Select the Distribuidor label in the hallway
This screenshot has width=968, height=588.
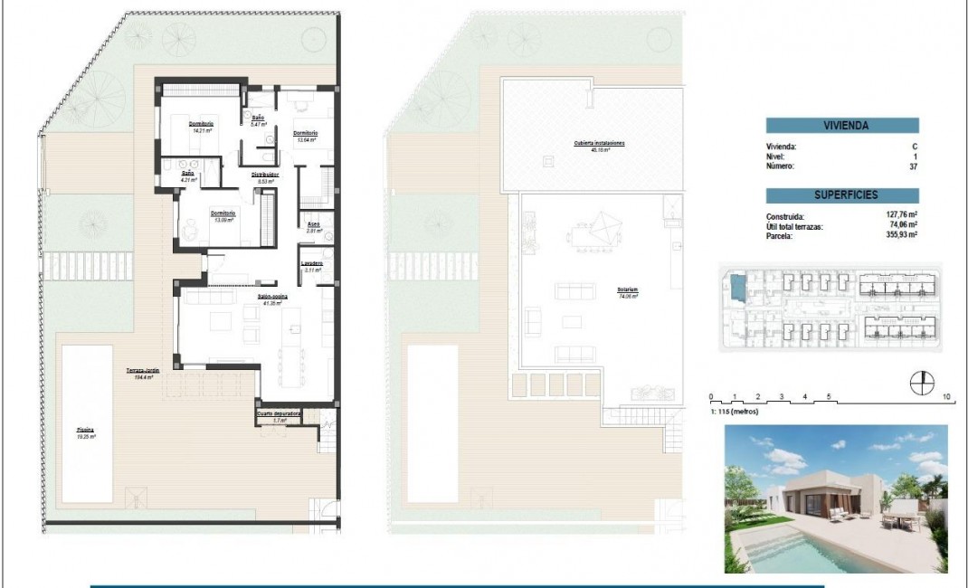coord(264,174)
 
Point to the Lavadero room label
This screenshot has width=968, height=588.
coord(313,264)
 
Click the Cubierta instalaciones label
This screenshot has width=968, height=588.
coord(599,144)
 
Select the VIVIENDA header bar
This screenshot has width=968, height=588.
coord(842,126)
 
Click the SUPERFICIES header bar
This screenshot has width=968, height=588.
coord(842,194)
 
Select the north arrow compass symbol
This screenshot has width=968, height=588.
coord(921,384)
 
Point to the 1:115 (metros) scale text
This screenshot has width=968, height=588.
coord(735,412)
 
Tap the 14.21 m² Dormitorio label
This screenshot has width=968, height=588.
coord(201,125)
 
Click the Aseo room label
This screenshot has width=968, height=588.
coord(314,225)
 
